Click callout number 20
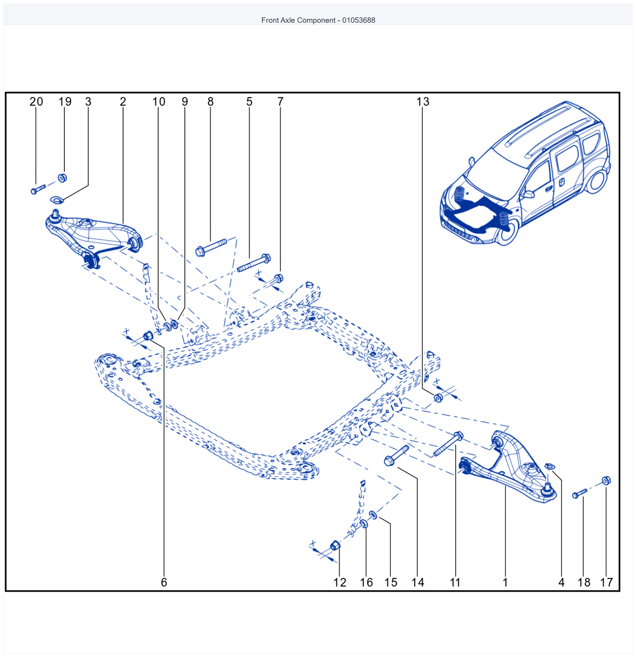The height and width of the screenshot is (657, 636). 36,102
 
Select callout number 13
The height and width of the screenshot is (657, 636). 422,102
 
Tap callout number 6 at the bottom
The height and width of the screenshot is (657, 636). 164,582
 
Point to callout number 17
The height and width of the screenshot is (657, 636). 607,582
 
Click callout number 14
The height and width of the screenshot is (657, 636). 418,582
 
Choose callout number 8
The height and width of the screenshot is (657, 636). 210,102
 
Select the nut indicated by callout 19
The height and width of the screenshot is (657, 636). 62,178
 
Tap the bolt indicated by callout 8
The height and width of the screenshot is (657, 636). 211,247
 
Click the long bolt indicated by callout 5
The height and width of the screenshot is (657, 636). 254,263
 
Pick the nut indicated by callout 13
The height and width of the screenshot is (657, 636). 438,398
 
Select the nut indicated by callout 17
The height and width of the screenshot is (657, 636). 607,481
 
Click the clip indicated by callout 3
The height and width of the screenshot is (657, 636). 57,200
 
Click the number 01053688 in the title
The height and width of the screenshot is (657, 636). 359,20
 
